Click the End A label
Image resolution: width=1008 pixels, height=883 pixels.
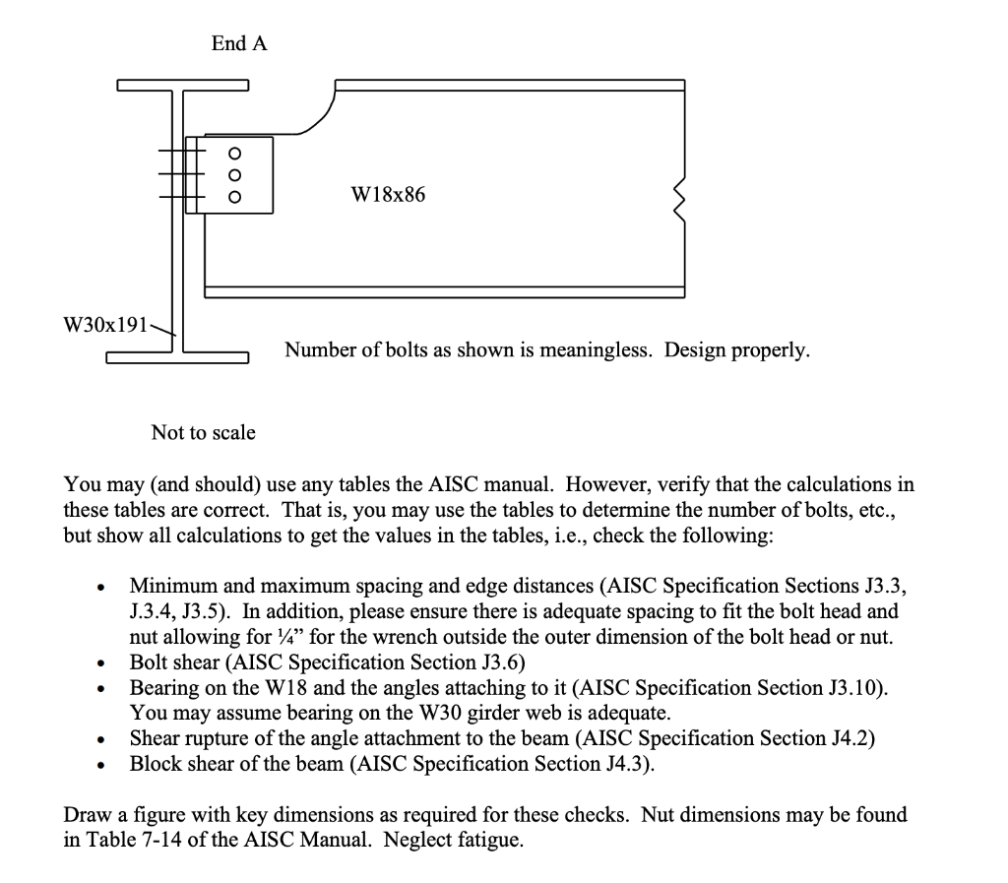(x=238, y=43)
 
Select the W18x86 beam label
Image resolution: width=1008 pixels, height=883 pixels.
(x=389, y=195)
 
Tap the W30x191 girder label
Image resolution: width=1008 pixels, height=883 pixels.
(x=104, y=324)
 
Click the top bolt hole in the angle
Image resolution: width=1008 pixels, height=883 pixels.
(x=234, y=153)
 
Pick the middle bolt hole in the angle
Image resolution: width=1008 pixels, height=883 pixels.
(x=234, y=174)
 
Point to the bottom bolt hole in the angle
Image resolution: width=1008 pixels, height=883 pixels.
(x=234, y=196)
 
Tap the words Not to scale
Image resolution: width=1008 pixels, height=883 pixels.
(x=203, y=432)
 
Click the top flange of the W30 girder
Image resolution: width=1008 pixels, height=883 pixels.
(x=182, y=85)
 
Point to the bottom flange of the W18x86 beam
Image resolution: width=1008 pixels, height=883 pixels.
(x=443, y=291)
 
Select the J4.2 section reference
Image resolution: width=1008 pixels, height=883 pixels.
(x=850, y=738)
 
